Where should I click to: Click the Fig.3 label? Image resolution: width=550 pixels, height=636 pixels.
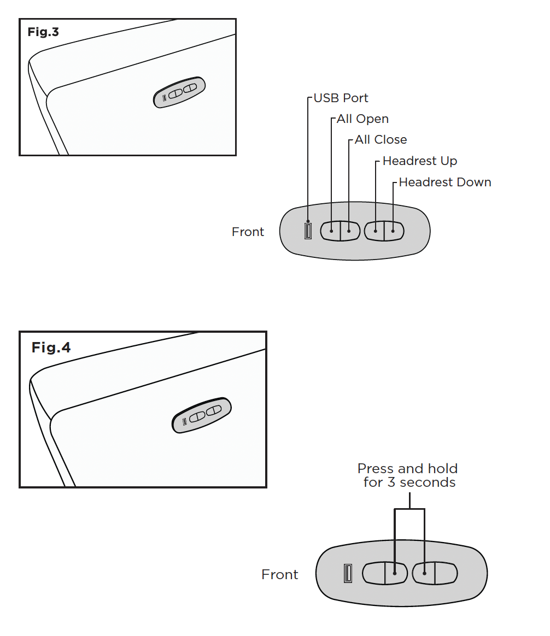pyautogui.click(x=43, y=32)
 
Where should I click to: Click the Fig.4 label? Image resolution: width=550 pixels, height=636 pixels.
pyautogui.click(x=51, y=347)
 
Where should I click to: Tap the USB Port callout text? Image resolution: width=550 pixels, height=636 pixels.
pyautogui.click(x=341, y=98)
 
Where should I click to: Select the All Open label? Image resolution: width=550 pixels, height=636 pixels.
pyautogui.click(x=363, y=119)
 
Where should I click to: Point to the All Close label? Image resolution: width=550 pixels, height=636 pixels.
pyautogui.click(x=381, y=139)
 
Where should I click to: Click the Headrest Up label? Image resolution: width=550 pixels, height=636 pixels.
pyautogui.click(x=420, y=161)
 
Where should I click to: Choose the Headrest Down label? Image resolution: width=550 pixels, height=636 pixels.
pyautogui.click(x=445, y=182)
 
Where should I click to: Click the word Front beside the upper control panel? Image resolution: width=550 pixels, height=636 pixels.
pyautogui.click(x=248, y=232)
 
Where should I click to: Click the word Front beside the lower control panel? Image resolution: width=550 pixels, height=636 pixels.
pyautogui.click(x=280, y=574)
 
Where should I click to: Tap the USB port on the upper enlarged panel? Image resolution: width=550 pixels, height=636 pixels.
pyautogui.click(x=308, y=231)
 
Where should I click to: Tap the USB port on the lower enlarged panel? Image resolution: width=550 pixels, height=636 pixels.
pyautogui.click(x=348, y=573)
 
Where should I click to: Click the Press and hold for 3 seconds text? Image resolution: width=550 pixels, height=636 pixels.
pyautogui.click(x=407, y=475)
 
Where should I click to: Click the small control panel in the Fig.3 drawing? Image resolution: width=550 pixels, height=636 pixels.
pyautogui.click(x=179, y=92)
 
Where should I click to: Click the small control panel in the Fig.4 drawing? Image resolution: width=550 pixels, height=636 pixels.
pyautogui.click(x=202, y=415)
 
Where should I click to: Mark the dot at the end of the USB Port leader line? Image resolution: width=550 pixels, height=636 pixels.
pyautogui.click(x=308, y=221)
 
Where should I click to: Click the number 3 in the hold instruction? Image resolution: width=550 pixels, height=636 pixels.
pyautogui.click(x=391, y=482)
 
